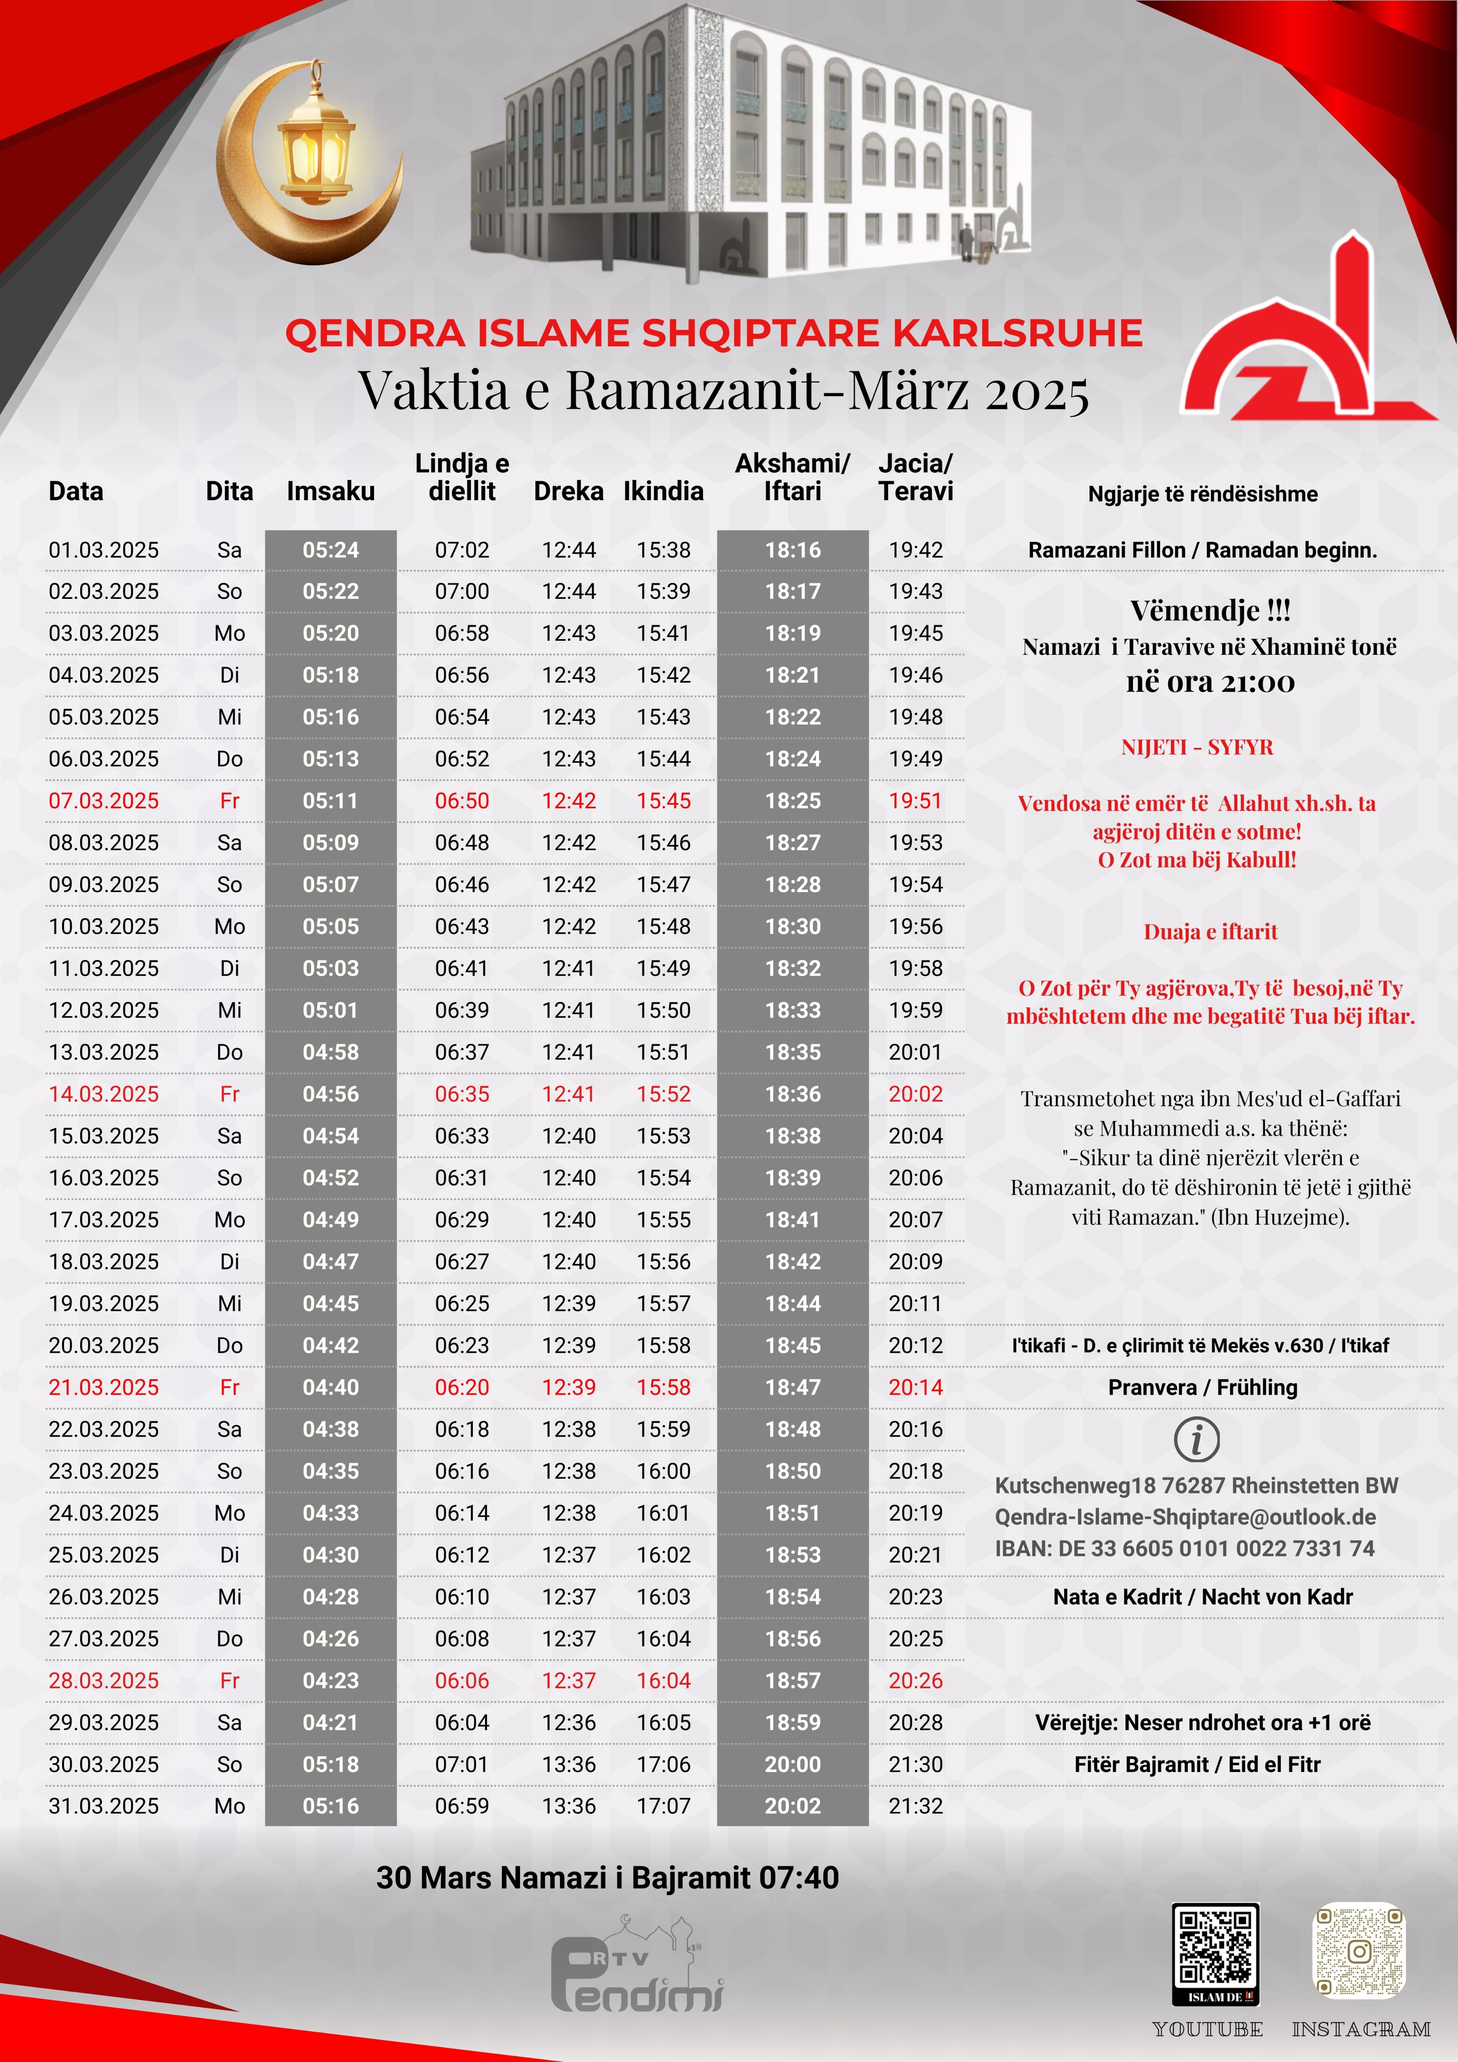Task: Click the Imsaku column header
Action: [331, 491]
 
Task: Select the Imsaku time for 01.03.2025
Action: [331, 550]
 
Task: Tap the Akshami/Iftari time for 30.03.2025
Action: [792, 1764]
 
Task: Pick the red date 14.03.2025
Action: [104, 1094]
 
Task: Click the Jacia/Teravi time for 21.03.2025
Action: [915, 1387]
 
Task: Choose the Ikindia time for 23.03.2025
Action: [664, 1471]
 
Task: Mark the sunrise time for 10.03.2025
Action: [462, 926]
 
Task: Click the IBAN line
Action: [1184, 1548]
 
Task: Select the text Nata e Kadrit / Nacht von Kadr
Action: [1202, 1597]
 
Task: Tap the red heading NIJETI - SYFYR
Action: [1197, 747]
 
